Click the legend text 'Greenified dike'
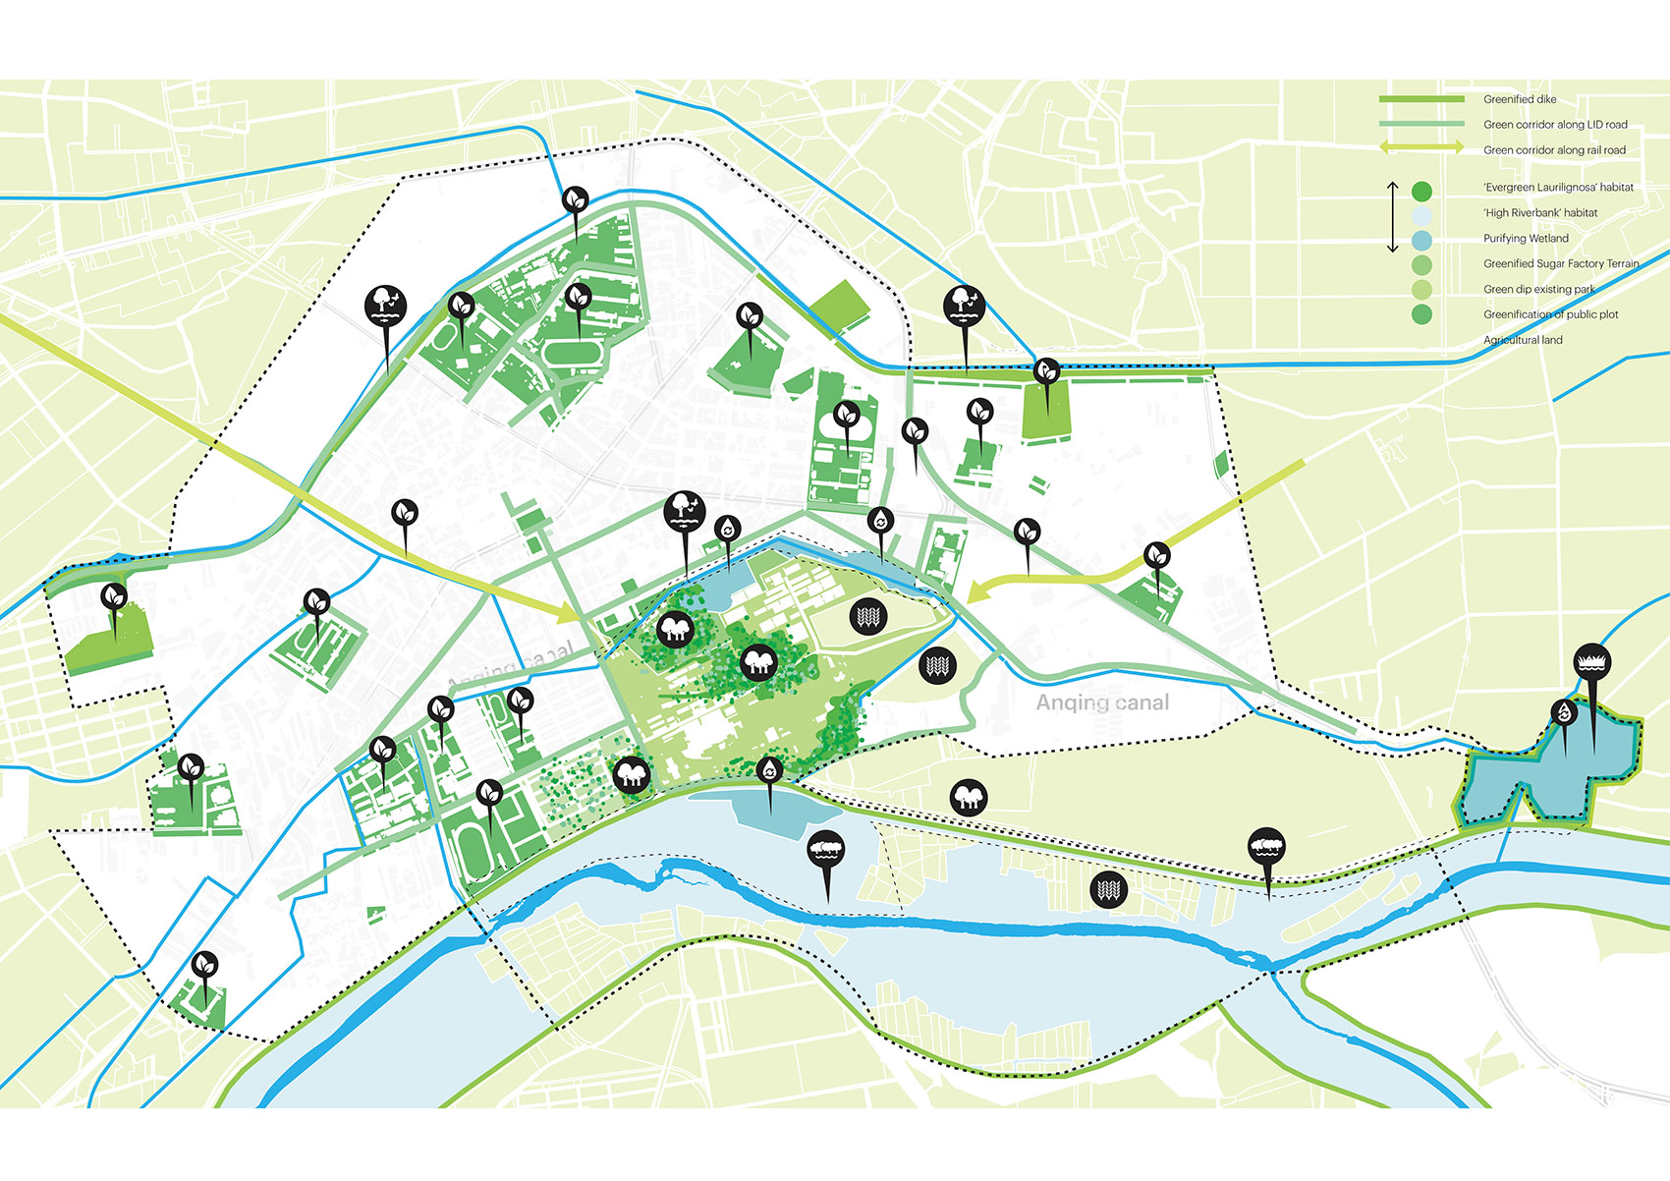1519,99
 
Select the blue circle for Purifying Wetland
1421,239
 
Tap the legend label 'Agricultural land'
1522,340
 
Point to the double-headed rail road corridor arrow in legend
1421,148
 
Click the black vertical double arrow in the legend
1392,216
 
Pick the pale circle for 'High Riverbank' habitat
1421,213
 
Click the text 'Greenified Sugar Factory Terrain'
1560,263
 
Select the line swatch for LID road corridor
1421,124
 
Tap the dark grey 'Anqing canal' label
1102,703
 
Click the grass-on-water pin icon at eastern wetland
1591,661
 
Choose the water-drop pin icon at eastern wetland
1564,712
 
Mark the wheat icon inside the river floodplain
1108,890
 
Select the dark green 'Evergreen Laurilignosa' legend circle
1421,191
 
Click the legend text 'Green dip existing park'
1538,289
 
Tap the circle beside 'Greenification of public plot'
1421,314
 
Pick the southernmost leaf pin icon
204,966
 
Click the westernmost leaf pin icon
114,596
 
